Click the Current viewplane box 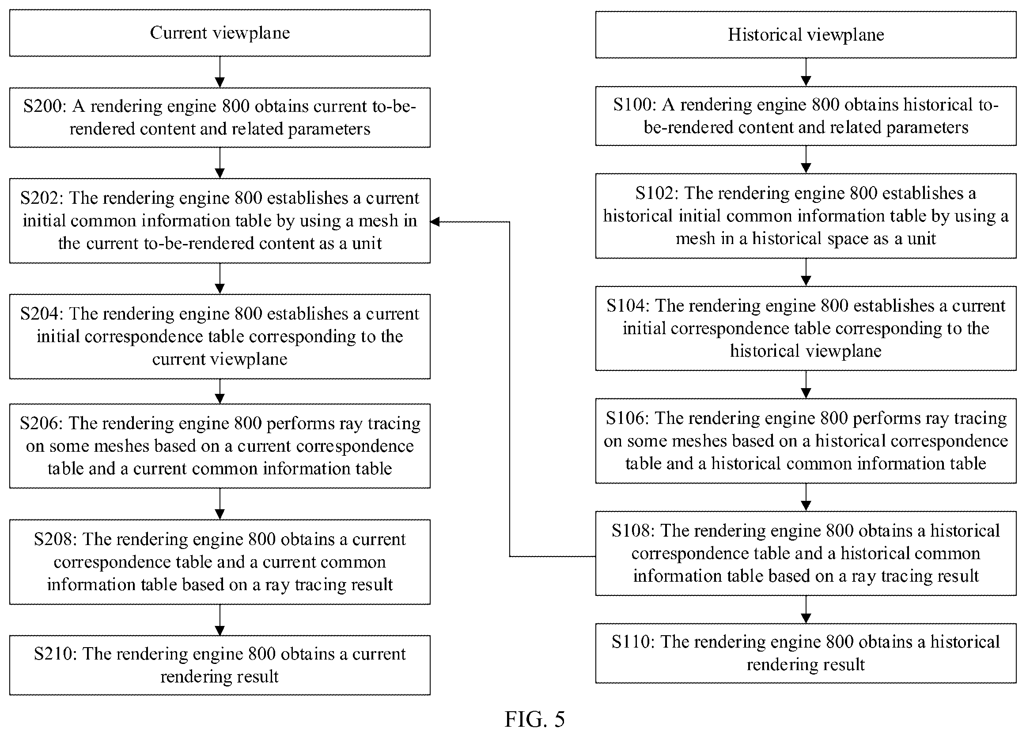(x=220, y=33)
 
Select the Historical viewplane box (x=806, y=35)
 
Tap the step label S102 (x=656, y=193)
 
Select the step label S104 (x=628, y=305)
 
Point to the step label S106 (x=628, y=418)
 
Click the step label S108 (x=633, y=530)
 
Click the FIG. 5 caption (x=535, y=719)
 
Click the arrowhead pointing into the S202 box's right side (x=435, y=221)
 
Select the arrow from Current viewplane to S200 (x=220, y=72)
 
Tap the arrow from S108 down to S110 (x=806, y=609)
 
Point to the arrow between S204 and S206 (x=220, y=391)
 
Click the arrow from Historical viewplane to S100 (x=806, y=72)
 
